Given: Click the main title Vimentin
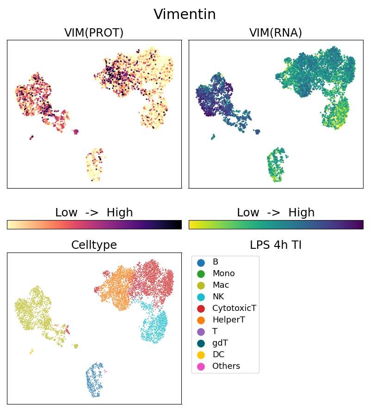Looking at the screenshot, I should click(x=185, y=14).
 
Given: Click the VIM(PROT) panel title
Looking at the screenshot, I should click(x=94, y=32).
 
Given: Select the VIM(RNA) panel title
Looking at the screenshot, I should click(x=276, y=32).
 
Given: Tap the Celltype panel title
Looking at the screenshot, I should click(x=94, y=245).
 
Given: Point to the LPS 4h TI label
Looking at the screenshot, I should click(x=276, y=245).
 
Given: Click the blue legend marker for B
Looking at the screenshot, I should click(x=201, y=262).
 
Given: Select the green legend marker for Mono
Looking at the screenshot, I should click(x=201, y=274).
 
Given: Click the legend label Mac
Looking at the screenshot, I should click(x=221, y=285).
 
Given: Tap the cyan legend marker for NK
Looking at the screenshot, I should click(x=201, y=297).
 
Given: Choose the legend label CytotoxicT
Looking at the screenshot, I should click(x=234, y=309).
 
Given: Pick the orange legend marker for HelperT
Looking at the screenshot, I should click(x=201, y=320).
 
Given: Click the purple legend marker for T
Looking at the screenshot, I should click(x=201, y=332).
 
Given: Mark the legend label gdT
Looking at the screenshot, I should click(x=220, y=343).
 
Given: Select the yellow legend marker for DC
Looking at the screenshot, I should click(x=201, y=355).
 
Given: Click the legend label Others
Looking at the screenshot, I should click(x=226, y=366).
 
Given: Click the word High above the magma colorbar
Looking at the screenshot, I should click(x=119, y=213).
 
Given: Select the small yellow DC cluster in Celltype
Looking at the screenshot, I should click(x=31, y=352).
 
